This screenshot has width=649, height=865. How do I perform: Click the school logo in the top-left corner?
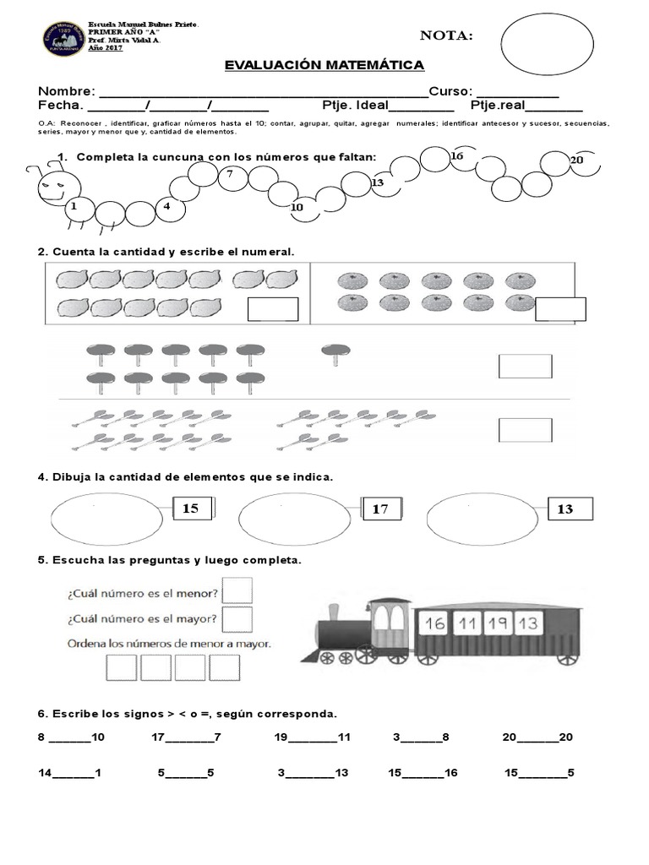63,40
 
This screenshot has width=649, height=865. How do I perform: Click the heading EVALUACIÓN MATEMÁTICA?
324,66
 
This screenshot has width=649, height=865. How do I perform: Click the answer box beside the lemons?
272,309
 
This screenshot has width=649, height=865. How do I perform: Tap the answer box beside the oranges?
560,309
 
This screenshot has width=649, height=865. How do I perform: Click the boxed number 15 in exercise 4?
191,509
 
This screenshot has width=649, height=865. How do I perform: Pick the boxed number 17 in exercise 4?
380,509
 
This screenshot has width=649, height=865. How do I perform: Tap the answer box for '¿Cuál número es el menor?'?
237,590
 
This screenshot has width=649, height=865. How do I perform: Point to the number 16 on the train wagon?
434,625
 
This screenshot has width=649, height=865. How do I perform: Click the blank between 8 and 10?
69,737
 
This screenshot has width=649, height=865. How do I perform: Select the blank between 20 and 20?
537,737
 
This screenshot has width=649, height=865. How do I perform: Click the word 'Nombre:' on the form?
67,91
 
